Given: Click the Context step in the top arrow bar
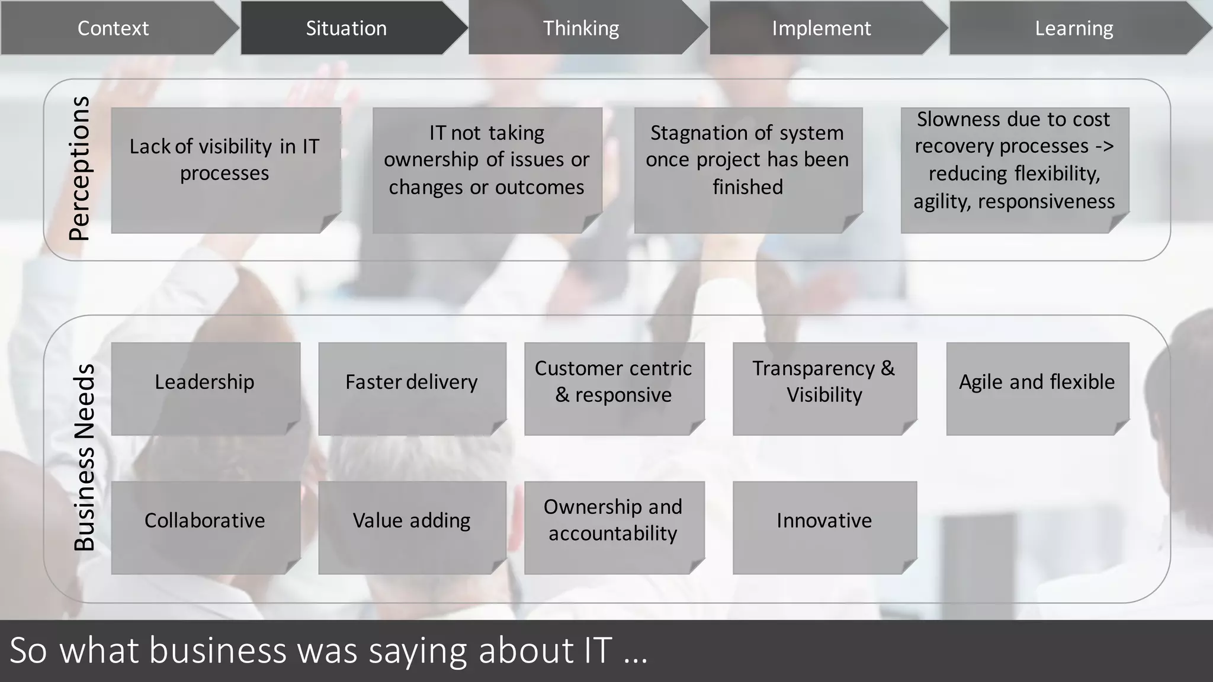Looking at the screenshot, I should coord(113,28).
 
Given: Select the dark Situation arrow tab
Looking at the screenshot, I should coord(346,28).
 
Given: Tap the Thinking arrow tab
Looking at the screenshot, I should coord(581,28).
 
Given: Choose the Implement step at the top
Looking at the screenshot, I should coord(821,28).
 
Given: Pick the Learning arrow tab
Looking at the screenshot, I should coord(1074,28).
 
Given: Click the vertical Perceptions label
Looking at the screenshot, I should coord(79,169).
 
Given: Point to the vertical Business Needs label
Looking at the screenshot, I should coord(84,457).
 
